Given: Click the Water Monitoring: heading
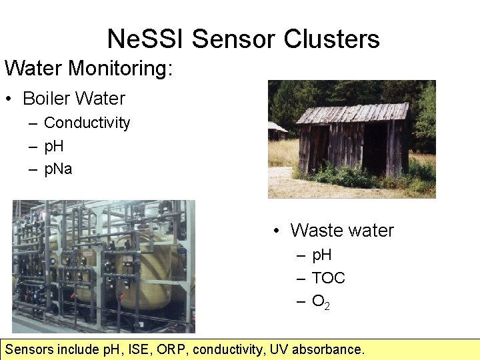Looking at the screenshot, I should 89,68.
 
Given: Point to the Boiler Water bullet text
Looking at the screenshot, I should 73,99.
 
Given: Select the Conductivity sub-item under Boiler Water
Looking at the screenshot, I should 87,123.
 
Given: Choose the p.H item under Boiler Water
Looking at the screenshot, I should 53,146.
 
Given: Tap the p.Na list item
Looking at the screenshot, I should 57,169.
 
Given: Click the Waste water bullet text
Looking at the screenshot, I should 342,231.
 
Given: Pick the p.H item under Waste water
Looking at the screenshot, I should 321,255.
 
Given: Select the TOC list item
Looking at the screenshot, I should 328,278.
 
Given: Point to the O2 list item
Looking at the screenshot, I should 321,302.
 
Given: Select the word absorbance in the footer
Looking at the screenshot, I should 329,349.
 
